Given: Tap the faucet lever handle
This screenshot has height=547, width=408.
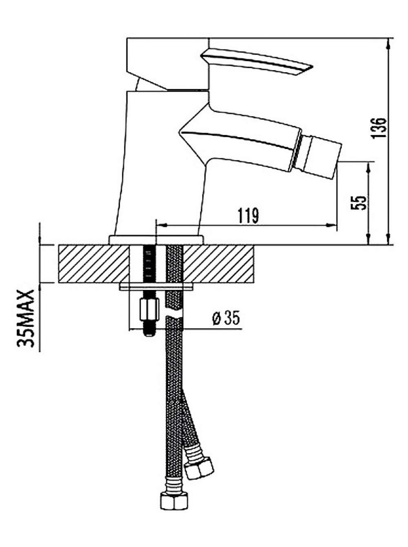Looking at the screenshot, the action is point(257,61).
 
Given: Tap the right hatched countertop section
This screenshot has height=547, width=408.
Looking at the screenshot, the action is point(218,264).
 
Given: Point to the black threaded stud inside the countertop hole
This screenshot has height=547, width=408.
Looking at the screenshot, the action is point(149,264).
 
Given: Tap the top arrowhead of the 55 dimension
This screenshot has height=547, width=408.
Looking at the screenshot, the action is point(368,167).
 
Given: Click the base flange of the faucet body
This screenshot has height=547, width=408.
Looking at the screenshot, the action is point(156,240).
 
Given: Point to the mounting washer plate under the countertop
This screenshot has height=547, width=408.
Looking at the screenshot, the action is point(156,287).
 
